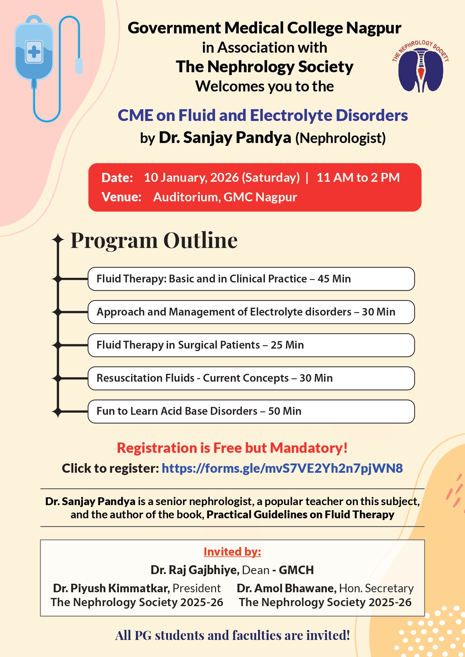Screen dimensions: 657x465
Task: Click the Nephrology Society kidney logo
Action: point(421,68)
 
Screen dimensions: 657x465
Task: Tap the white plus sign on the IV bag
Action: point(34,52)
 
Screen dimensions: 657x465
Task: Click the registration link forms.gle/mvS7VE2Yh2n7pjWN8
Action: point(282,468)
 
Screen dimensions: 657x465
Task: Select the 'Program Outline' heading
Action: point(154,240)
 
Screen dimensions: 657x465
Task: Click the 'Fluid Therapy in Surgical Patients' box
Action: point(251,345)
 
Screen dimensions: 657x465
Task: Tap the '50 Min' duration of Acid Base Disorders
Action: point(284,411)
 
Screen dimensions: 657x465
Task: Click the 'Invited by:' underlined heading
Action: point(232,552)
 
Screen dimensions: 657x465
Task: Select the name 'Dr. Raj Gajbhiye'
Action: point(194,570)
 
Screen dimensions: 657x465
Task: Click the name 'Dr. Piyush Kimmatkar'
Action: point(111,588)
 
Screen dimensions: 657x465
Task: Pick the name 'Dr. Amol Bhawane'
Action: point(286,588)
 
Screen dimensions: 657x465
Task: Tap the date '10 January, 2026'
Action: point(191,178)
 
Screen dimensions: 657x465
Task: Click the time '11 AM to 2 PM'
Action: point(358,178)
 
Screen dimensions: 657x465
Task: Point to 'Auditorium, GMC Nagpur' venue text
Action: point(225,197)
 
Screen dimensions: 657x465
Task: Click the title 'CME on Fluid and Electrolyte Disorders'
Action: point(263,116)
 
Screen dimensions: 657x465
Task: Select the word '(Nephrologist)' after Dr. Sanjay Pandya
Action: point(340,138)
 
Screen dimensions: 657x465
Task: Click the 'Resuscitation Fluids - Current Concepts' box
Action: point(251,378)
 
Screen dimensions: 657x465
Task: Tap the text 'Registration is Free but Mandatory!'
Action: point(232,448)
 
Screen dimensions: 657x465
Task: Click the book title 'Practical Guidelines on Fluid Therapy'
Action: point(300,515)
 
